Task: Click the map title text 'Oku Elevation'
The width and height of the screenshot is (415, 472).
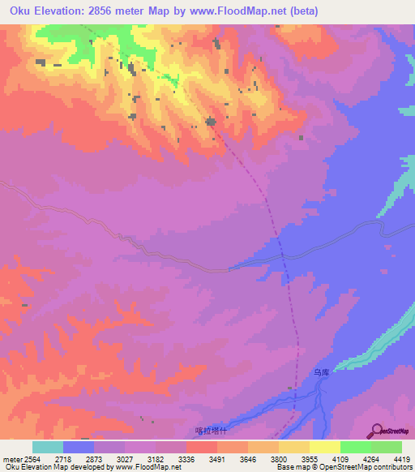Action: point(48,11)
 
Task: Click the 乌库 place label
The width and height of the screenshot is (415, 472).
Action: point(322,372)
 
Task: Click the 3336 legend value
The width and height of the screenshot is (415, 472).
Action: point(186,459)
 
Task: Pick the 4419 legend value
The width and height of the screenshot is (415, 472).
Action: point(402,459)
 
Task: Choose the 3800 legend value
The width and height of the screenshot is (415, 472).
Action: point(278,459)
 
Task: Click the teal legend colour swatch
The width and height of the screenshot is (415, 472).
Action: point(48,447)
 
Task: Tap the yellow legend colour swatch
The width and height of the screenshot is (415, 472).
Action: point(324,447)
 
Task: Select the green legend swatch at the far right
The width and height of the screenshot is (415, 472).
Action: point(386,447)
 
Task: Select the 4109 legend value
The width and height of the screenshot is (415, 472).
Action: point(340,459)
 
